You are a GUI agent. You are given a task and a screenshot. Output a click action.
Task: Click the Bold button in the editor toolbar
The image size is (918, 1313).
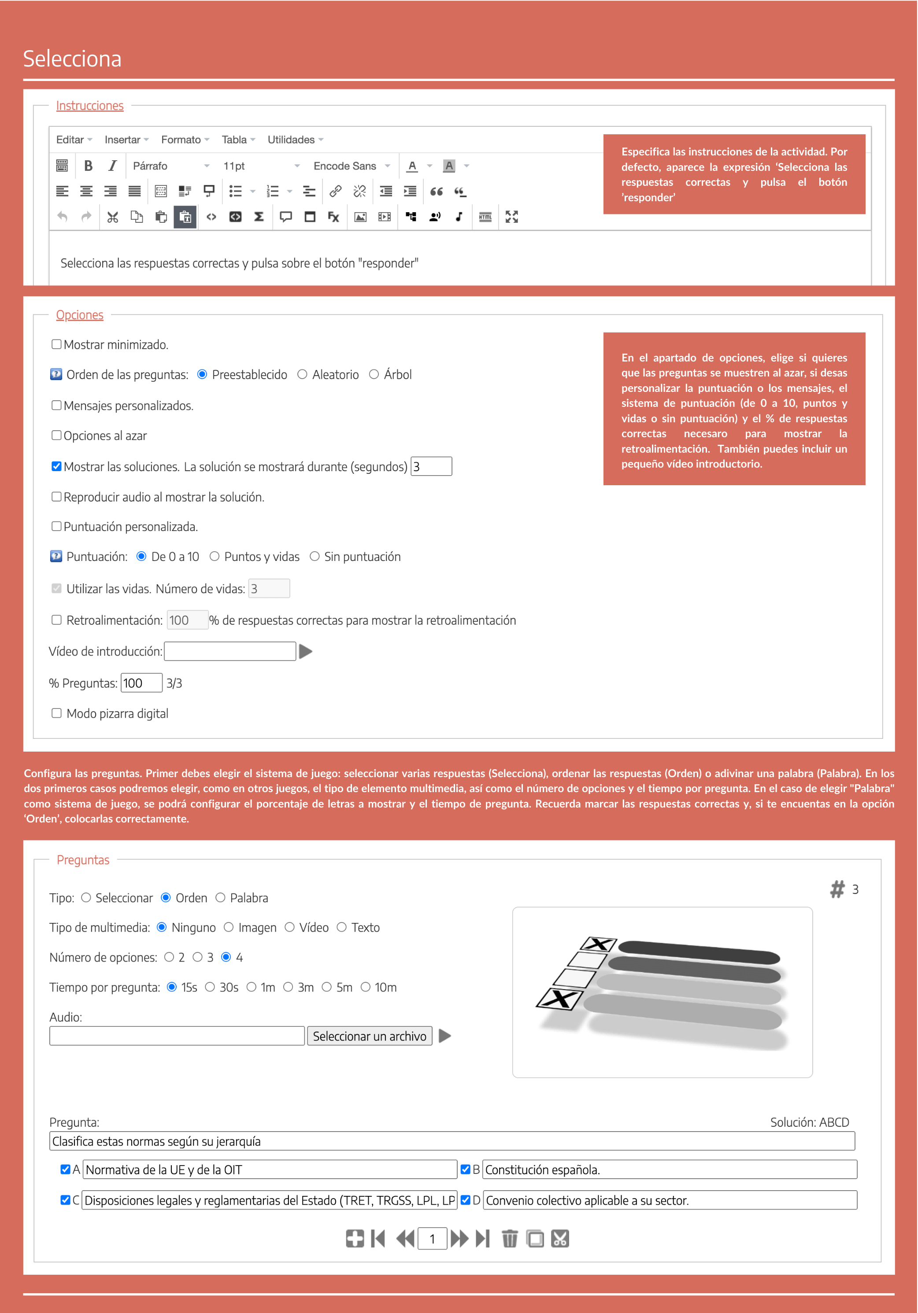(x=88, y=166)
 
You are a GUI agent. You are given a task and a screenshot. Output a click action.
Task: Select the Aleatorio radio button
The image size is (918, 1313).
(x=302, y=375)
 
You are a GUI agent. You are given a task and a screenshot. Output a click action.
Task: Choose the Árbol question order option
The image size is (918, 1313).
(x=374, y=375)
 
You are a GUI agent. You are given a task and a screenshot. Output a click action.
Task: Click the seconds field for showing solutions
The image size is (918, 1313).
(x=431, y=467)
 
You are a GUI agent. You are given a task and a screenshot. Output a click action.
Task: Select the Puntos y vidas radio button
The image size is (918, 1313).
(x=215, y=557)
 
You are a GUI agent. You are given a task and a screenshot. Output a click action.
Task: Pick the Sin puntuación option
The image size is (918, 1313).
(x=315, y=557)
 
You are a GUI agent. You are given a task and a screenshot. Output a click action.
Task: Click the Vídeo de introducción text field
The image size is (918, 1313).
(x=230, y=651)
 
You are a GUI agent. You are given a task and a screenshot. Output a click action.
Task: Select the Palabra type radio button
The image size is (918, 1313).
(x=220, y=898)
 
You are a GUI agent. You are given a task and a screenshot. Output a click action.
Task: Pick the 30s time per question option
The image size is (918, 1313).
(x=211, y=987)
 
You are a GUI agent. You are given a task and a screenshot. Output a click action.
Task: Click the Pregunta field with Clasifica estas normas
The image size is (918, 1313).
(x=452, y=1141)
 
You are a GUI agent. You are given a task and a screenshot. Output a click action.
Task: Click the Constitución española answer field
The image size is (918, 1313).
(x=669, y=1169)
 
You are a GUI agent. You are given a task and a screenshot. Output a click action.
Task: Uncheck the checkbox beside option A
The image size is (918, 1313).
(x=65, y=1169)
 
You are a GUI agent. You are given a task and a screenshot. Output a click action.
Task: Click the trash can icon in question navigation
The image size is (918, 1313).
(x=509, y=1239)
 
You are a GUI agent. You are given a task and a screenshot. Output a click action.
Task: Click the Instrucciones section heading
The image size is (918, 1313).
(x=90, y=106)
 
